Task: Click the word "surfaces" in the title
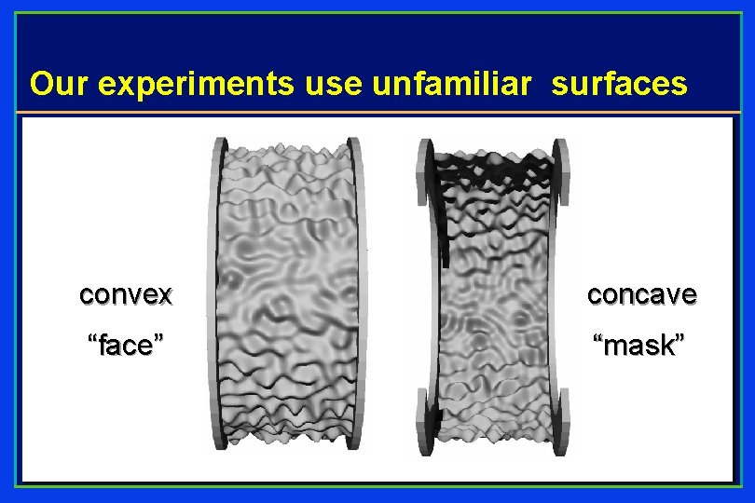coord(620,84)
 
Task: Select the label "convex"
coord(126,295)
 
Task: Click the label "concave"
coord(641,295)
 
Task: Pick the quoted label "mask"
coord(641,346)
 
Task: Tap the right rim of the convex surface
coord(354,293)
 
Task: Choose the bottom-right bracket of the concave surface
coord(558,419)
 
